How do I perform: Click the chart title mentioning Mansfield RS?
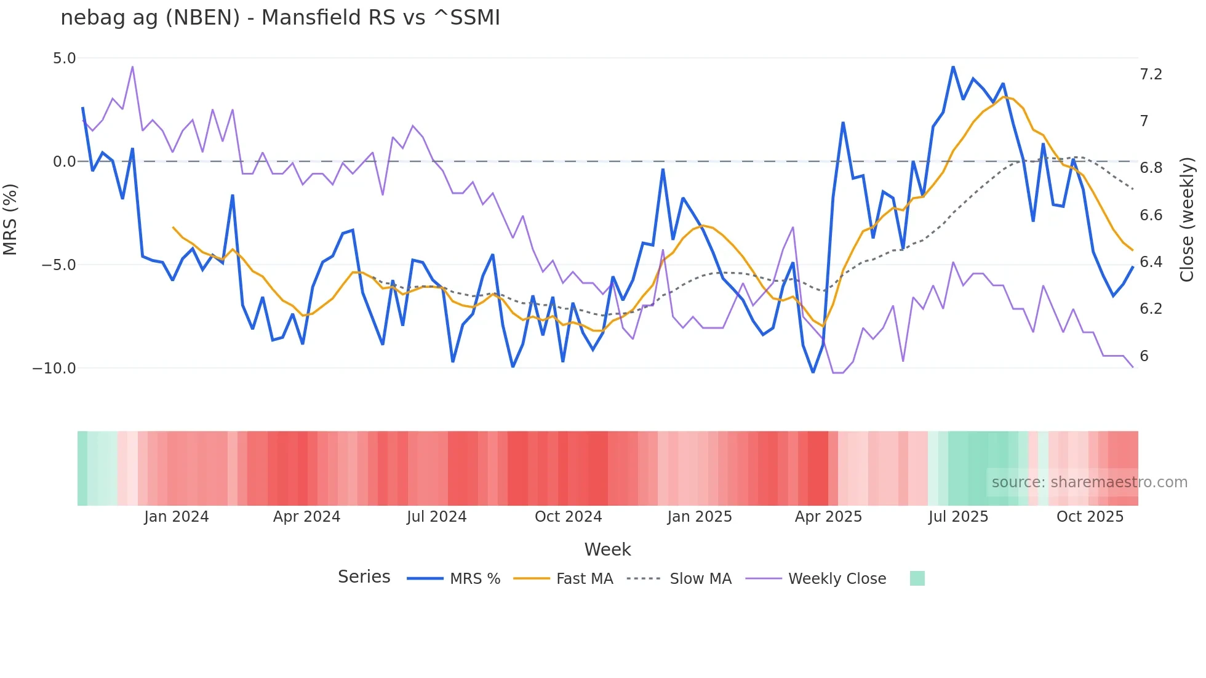tap(280, 18)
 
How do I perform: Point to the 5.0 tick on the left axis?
tap(64, 58)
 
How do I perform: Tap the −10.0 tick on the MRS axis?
tap(54, 369)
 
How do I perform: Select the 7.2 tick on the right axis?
tap(1151, 74)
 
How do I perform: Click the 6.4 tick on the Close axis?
tap(1151, 262)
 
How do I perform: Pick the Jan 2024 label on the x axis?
tap(177, 517)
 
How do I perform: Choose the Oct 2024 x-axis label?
tap(568, 517)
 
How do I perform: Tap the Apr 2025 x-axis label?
tap(828, 517)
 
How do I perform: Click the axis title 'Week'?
tap(607, 549)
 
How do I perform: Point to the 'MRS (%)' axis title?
tap(10, 220)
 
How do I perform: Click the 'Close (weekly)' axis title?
tap(1187, 220)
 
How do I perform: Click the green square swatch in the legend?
tap(917, 578)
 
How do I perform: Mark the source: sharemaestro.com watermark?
tap(1089, 482)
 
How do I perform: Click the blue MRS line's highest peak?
tap(953, 66)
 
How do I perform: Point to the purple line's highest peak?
tap(133, 66)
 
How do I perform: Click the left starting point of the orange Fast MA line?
tap(173, 227)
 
